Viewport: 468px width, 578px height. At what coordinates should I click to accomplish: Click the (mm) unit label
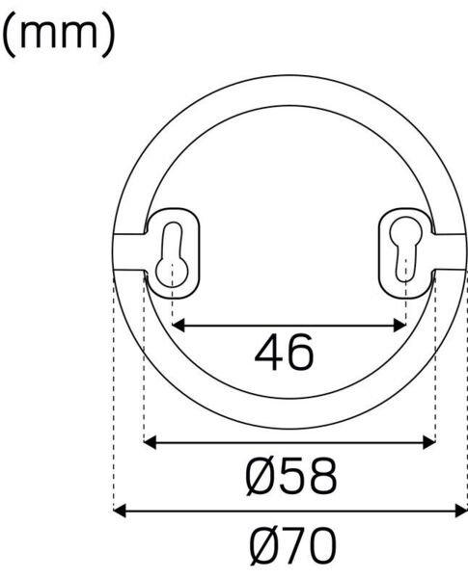58,35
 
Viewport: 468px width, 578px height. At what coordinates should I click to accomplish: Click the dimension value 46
285,353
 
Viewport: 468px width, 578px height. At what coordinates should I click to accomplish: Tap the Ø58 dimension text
290,476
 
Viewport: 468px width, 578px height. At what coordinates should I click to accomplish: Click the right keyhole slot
406,250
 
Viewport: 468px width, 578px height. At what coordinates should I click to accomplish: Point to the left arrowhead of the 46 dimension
179,326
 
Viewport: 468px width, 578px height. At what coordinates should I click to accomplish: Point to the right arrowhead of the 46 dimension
399,326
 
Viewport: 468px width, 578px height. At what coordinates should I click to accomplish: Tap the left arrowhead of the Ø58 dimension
150,442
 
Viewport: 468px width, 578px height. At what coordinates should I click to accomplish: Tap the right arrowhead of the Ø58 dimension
429,442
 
